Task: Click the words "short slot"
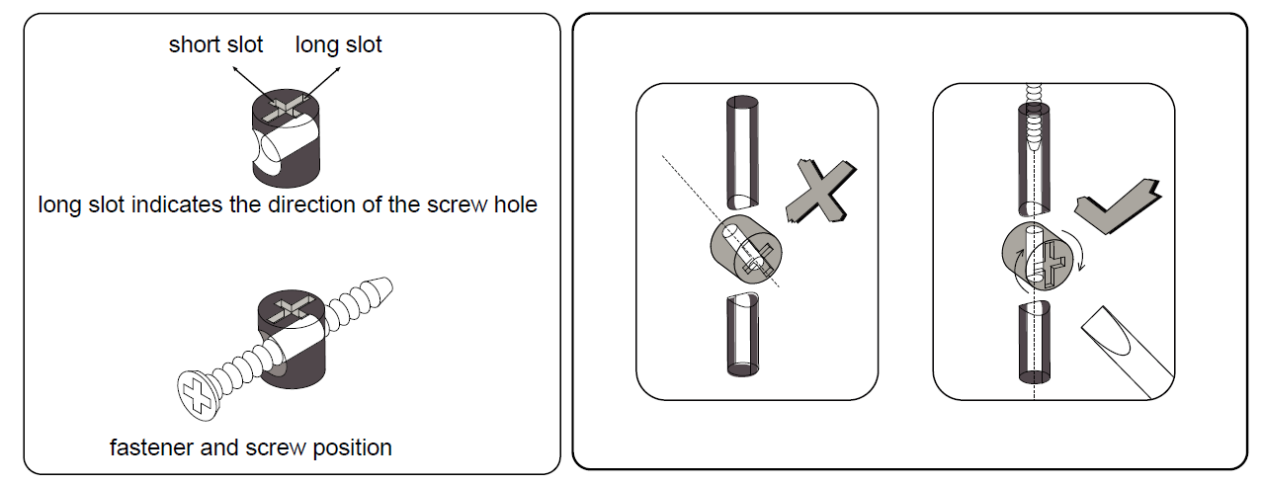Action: point(215,44)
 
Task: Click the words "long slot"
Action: point(339,44)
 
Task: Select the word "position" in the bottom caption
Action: point(352,448)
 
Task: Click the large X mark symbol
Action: point(821,192)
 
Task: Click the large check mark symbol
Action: point(1118,206)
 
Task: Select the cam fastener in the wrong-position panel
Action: point(746,249)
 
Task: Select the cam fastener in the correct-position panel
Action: point(1037,256)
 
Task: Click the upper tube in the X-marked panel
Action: point(742,152)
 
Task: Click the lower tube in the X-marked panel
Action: point(742,334)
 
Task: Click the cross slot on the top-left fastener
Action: point(287,108)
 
